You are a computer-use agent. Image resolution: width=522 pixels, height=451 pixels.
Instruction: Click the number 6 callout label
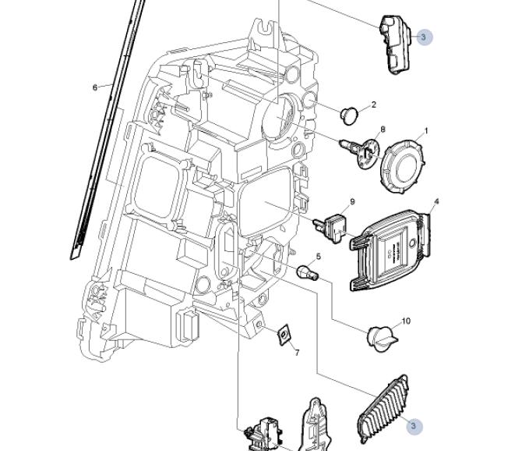[x=95, y=87]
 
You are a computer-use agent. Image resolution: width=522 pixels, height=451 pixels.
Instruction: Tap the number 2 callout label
[x=373, y=105]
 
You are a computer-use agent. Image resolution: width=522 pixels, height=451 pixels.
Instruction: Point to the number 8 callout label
[x=383, y=130]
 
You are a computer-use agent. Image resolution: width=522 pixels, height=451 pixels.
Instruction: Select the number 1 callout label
[x=426, y=131]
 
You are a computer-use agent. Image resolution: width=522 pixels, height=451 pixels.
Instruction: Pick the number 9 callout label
[x=352, y=201]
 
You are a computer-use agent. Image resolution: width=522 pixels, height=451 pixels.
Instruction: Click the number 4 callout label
[x=436, y=201]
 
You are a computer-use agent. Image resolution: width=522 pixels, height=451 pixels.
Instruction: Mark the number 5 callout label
[x=318, y=257]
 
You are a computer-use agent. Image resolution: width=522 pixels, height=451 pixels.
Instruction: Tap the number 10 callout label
[x=406, y=321]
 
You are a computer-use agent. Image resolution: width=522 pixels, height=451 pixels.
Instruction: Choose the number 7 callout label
[x=296, y=353]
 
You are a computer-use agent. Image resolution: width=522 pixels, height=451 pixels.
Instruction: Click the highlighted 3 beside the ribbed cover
[x=413, y=426]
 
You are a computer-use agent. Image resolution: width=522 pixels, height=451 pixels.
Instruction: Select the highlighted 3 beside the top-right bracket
[x=423, y=37]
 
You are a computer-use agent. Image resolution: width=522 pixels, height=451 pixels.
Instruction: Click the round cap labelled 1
[x=403, y=163]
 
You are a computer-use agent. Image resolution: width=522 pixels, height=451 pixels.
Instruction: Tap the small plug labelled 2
[x=348, y=116]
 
